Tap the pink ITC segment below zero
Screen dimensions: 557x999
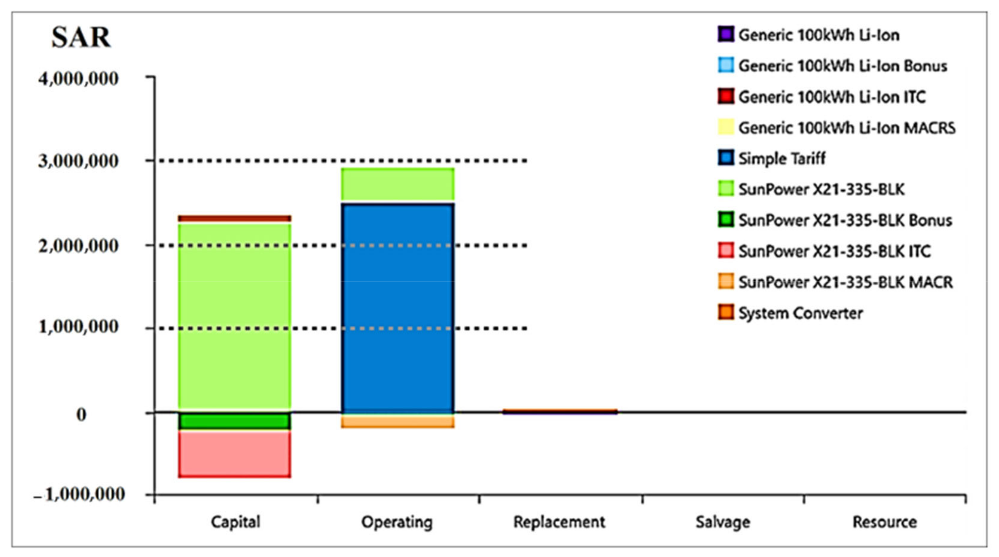click(x=235, y=453)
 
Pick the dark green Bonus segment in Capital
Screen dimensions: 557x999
click(x=235, y=421)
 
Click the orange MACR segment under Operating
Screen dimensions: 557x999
click(x=398, y=421)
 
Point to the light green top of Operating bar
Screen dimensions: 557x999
click(x=398, y=184)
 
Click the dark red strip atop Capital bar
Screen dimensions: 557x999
click(x=235, y=219)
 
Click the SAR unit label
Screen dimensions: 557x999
click(x=81, y=37)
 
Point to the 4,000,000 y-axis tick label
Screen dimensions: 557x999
click(x=78, y=79)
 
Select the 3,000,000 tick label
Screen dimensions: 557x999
click(x=78, y=161)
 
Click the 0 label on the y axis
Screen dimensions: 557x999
click(x=81, y=414)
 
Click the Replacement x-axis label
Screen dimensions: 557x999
click(x=559, y=522)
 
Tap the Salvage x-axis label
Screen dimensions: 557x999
click(x=722, y=522)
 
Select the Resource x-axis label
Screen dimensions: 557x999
click(x=885, y=522)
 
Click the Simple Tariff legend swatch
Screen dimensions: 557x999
click(x=726, y=158)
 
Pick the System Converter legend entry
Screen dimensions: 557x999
click(x=800, y=313)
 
